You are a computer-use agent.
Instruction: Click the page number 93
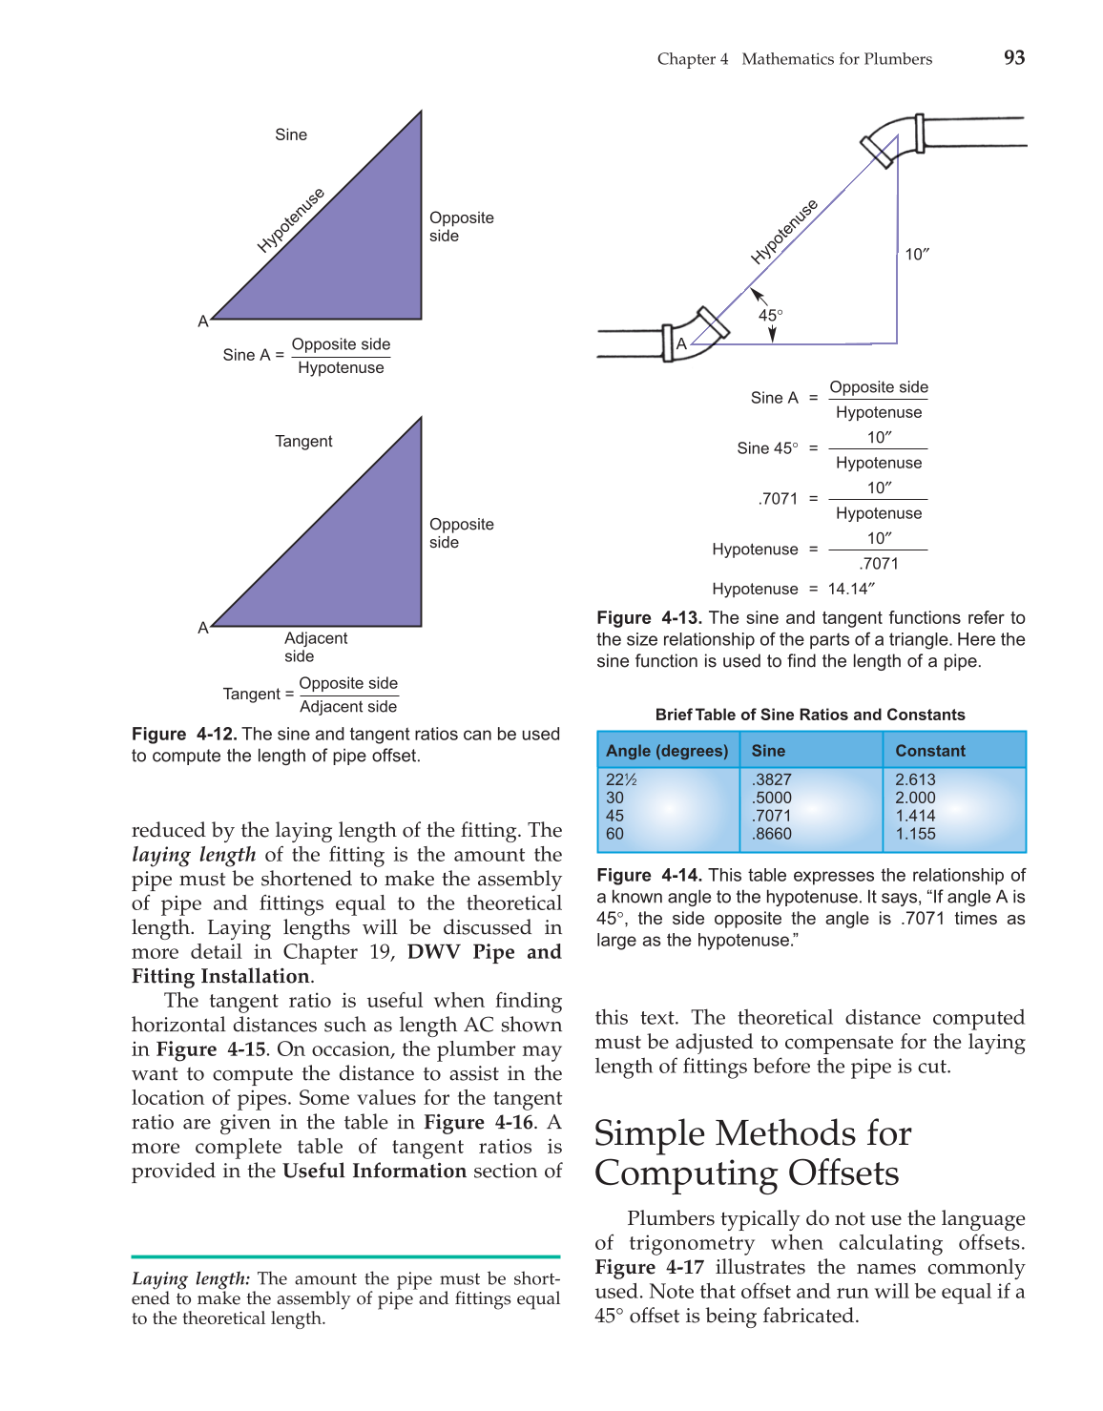pyautogui.click(x=1014, y=57)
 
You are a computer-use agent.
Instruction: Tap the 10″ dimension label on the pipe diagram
pyautogui.click(x=917, y=254)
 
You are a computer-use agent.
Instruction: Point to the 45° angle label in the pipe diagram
pyautogui.click(x=770, y=315)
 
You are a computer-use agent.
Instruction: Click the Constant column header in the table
pyautogui.click(x=930, y=751)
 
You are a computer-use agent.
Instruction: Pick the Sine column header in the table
pyautogui.click(x=768, y=751)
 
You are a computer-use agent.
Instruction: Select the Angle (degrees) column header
pyautogui.click(x=667, y=751)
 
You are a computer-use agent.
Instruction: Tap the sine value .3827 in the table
pyautogui.click(x=772, y=779)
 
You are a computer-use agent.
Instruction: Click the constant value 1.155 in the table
pyautogui.click(x=915, y=834)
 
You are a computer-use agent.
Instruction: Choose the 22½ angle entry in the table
pyautogui.click(x=621, y=779)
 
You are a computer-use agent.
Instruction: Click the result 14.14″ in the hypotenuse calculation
pyautogui.click(x=851, y=589)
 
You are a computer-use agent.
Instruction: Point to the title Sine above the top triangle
pyautogui.click(x=291, y=135)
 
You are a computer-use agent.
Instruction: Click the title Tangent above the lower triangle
pyautogui.click(x=303, y=441)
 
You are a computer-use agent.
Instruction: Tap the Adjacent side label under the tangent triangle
pyautogui.click(x=315, y=647)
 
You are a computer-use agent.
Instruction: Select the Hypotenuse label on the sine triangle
pyautogui.click(x=291, y=220)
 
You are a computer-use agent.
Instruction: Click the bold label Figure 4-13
pyautogui.click(x=649, y=618)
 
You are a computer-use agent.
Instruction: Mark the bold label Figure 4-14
pyautogui.click(x=649, y=875)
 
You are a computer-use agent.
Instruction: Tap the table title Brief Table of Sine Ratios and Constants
pyautogui.click(x=810, y=715)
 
